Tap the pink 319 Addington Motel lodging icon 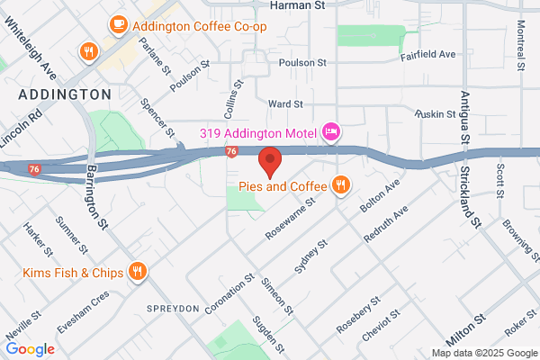[x=331, y=133]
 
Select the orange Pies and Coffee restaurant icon [x=340, y=186]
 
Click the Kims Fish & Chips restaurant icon [x=138, y=272]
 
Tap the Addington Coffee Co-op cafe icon [x=118, y=25]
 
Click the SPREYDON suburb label [x=172, y=308]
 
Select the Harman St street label [x=296, y=5]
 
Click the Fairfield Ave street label [x=428, y=55]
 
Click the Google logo [x=30, y=349]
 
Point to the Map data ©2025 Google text [x=482, y=353]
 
